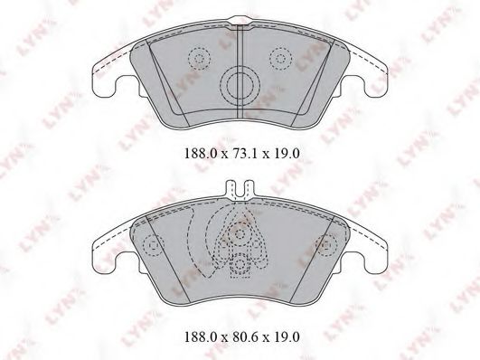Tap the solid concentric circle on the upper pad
point(240,87)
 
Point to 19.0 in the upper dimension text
point(283,154)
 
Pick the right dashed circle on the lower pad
point(325,243)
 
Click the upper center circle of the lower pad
point(240,234)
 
